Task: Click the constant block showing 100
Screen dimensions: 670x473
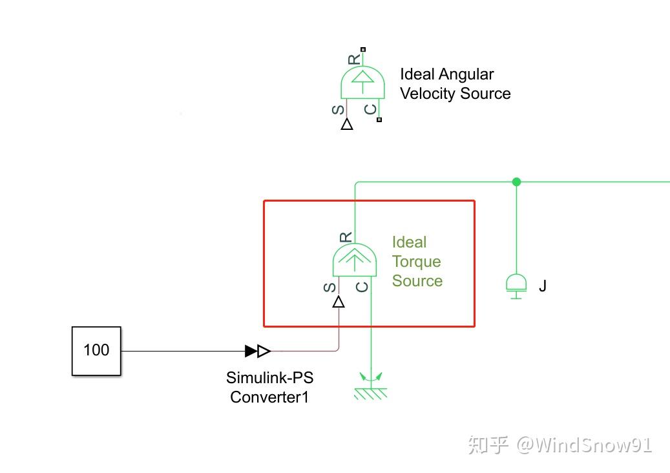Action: (x=96, y=352)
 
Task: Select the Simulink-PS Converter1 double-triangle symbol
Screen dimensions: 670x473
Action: (x=258, y=352)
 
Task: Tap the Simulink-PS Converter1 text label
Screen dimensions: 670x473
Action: (x=269, y=387)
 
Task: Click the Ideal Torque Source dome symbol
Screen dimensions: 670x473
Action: (x=355, y=260)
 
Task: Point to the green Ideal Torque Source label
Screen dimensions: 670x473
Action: (x=417, y=262)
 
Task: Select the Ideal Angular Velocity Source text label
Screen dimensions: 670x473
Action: (x=455, y=84)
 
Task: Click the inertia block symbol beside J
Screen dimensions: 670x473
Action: (x=516, y=286)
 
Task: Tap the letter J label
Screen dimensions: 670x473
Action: (x=543, y=286)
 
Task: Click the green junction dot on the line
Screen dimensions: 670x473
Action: (x=516, y=182)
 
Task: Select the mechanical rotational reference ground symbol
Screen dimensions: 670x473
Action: (x=371, y=386)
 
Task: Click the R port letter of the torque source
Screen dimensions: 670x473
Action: (x=346, y=237)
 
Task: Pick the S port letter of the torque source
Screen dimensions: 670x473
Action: (x=330, y=287)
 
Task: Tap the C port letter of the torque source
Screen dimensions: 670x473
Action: (x=362, y=287)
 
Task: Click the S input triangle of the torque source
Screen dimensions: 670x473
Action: (x=339, y=302)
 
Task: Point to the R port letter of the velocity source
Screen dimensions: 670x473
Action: (x=354, y=59)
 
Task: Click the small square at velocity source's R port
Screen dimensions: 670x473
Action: (x=363, y=50)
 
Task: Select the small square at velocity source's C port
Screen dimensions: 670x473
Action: (x=379, y=120)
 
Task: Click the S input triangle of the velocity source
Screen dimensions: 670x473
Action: (x=347, y=124)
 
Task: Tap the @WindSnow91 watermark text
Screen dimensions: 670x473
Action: (x=584, y=445)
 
